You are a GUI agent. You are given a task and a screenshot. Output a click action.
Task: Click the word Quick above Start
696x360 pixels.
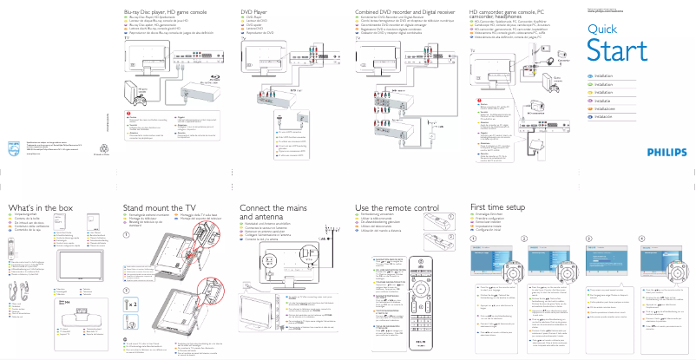coord(602,29)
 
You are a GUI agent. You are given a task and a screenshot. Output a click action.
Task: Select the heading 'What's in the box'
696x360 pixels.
coord(41,208)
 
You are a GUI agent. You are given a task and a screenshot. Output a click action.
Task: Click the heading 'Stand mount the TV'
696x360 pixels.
coord(160,208)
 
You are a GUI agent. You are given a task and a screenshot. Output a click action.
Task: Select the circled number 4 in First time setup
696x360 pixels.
coord(640,238)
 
